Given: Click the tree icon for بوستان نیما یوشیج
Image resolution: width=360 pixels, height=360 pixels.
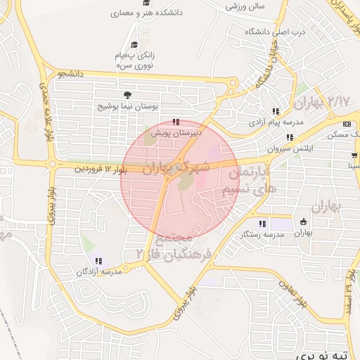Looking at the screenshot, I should pos(127,95).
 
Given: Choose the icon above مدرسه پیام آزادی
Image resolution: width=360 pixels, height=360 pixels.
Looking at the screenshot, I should pos(277,111).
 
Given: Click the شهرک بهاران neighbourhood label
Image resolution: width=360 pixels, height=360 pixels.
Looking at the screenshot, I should pos(176,167).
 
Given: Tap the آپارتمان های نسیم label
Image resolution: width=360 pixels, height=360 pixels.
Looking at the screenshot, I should pos(247,181).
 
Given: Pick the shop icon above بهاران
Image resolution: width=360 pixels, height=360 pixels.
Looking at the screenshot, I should pos(302,220).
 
